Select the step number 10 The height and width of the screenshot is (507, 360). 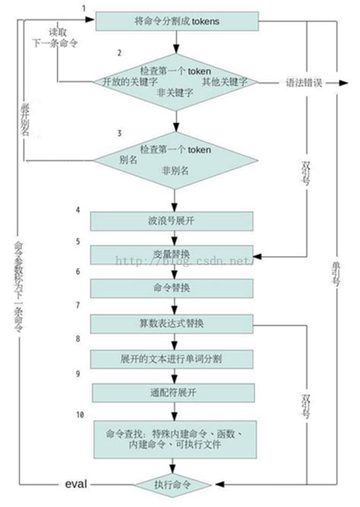pyautogui.click(x=80, y=415)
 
